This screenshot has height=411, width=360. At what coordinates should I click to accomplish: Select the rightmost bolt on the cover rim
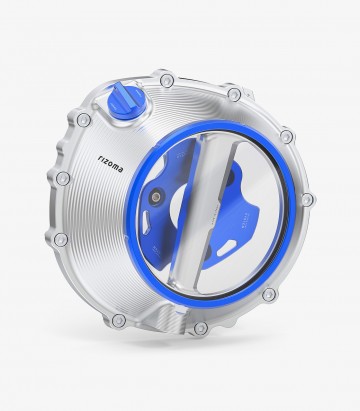(x=308, y=200)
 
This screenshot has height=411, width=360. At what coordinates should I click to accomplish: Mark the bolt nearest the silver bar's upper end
(x=234, y=96)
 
